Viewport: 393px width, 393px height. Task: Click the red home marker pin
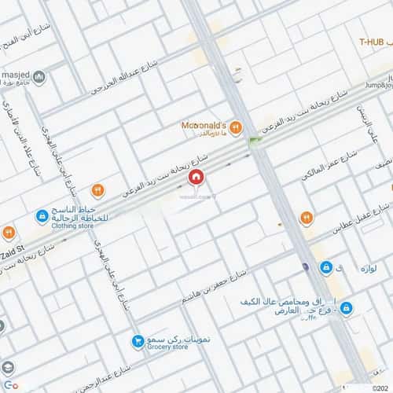(x=196, y=178)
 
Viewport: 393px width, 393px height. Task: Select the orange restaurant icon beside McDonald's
(x=236, y=128)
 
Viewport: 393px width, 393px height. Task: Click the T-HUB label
(x=374, y=41)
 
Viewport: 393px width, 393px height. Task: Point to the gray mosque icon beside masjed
(x=39, y=77)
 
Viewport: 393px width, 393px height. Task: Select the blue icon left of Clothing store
(x=41, y=215)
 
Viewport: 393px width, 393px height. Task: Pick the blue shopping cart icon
(x=138, y=341)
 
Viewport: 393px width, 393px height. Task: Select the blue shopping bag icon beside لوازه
(x=325, y=268)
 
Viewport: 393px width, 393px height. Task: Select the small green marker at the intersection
(x=254, y=142)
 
